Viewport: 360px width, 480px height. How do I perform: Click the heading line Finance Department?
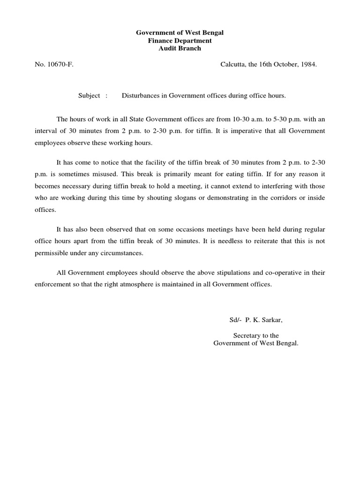[180, 41]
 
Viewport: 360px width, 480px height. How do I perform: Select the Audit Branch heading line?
[180, 48]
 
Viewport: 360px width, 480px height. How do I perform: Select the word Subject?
[89, 96]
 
